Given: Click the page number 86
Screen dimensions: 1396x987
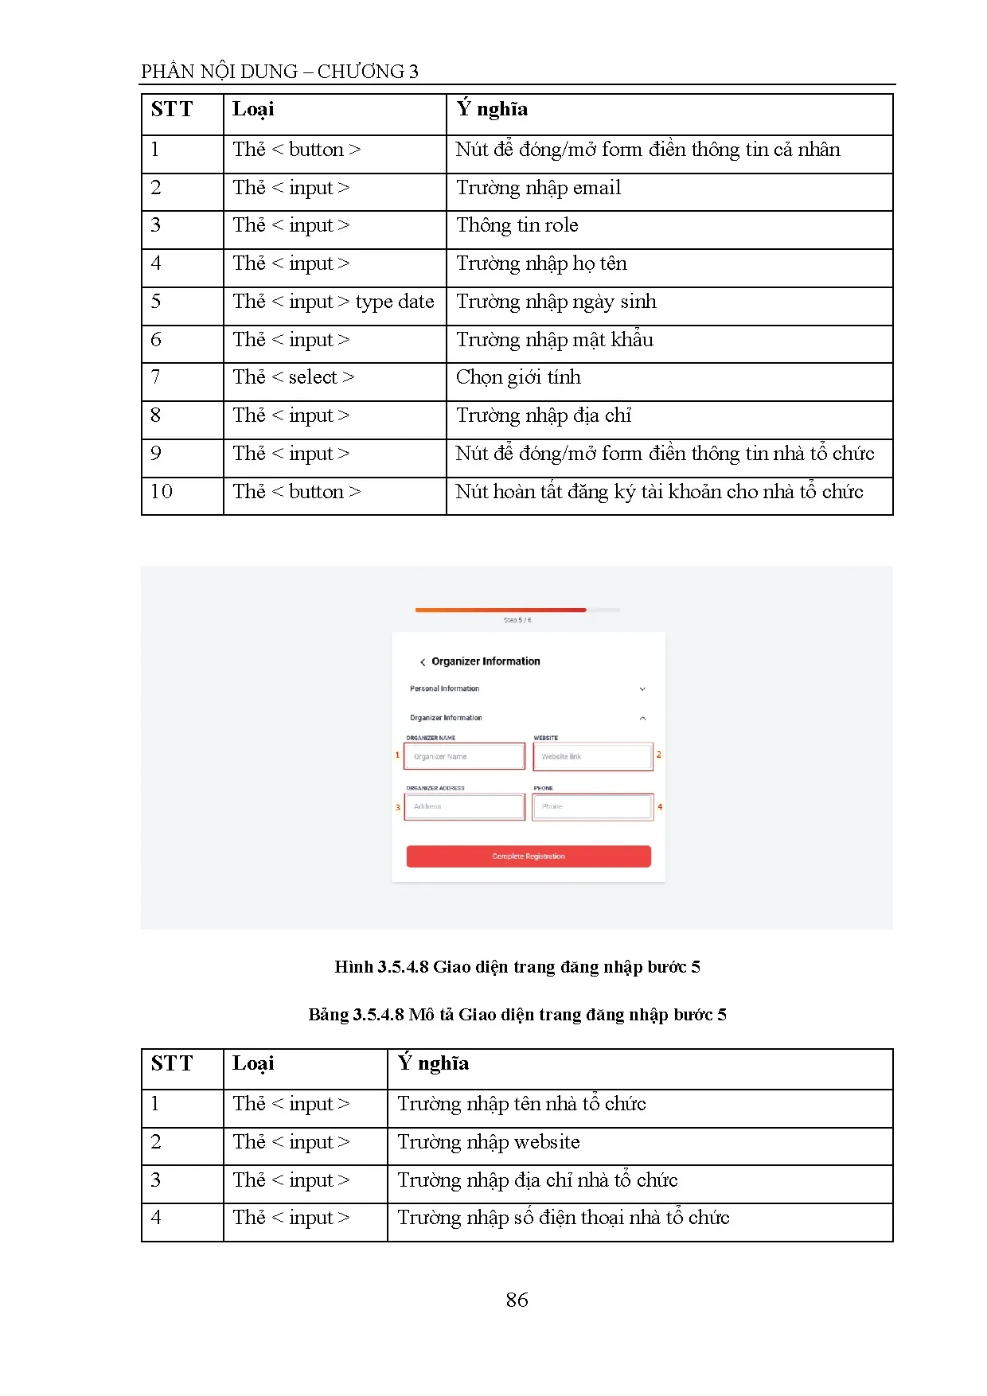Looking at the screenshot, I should [x=517, y=1300].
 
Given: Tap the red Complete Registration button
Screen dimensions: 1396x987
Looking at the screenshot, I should [x=529, y=856].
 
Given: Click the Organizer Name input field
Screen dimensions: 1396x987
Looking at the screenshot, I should [x=464, y=756].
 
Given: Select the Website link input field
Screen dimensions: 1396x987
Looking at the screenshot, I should [x=592, y=756].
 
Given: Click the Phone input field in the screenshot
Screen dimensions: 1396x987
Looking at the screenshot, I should [x=592, y=806].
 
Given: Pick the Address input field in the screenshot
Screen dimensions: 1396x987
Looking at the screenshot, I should [x=464, y=806].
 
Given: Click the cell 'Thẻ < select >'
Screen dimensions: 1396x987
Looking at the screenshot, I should [x=294, y=377].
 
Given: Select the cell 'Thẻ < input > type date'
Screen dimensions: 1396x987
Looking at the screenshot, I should [x=334, y=302].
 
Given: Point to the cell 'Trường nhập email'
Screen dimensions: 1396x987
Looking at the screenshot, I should [x=538, y=188].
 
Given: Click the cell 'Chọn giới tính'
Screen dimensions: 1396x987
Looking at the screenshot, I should [x=518, y=377].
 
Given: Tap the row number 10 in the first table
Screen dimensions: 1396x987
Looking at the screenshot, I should [x=162, y=492].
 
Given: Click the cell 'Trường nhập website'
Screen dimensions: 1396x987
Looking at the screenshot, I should [x=488, y=1142].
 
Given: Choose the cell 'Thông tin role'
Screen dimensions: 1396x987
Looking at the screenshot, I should [x=517, y=225].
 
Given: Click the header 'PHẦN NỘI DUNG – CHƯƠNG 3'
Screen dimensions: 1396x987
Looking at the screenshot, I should [x=279, y=72].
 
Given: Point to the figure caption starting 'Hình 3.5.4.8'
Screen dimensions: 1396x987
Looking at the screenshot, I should [x=517, y=967].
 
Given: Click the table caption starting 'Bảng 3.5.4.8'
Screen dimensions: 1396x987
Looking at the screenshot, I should [x=517, y=1015].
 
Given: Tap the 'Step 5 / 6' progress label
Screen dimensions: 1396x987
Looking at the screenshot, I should [x=517, y=620].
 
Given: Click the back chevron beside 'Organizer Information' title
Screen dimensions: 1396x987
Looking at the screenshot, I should [x=423, y=662].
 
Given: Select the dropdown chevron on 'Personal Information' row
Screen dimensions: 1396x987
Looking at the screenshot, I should [x=642, y=689].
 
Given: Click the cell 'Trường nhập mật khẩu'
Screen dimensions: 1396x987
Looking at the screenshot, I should [x=555, y=340].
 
